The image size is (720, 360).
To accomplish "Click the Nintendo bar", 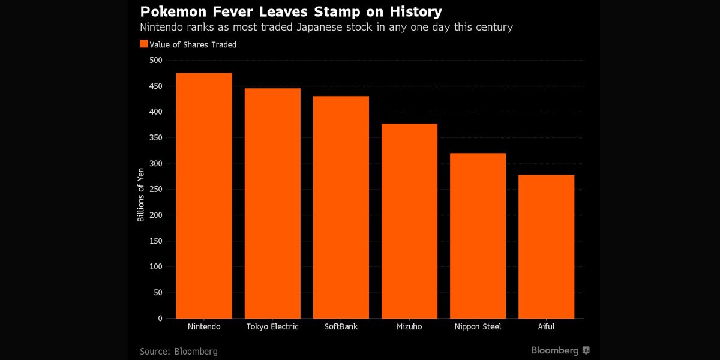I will coord(204,196).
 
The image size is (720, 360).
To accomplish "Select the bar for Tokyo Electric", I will coord(272,203).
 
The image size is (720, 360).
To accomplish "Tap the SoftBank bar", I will coord(341,207).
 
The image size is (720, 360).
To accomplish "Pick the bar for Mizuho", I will coord(409,221).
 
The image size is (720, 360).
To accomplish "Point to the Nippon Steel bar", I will coord(478,236).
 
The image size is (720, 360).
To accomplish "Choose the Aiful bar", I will coord(546,247).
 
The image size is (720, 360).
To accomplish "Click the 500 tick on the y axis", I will coord(155,60).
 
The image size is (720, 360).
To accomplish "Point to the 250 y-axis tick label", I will coord(155,190).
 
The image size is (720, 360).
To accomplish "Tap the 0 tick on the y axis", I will coord(160,319).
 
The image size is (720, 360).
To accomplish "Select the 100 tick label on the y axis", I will coord(155,267).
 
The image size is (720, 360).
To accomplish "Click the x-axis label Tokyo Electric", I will coord(272,327).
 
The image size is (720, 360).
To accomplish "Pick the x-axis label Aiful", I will coord(546,327).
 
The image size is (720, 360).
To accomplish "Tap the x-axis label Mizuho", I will coord(409,327).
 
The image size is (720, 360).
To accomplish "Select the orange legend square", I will coord(143,44).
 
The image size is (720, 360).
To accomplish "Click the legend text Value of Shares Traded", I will coord(193,44).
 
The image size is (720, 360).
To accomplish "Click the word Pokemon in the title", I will coord(170,11).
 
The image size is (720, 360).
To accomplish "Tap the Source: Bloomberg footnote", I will coord(179,351).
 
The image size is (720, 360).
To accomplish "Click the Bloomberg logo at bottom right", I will coord(560,350).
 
